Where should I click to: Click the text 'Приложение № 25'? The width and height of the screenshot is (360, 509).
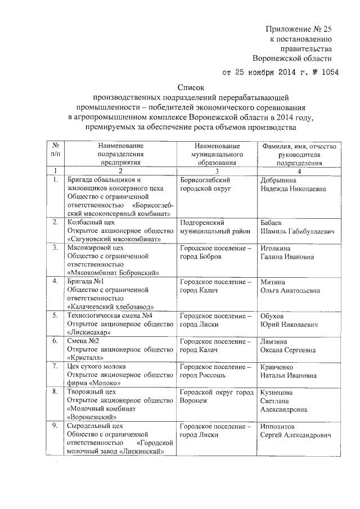tap(299, 29)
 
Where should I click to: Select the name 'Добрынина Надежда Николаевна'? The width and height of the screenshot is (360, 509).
tap(293, 184)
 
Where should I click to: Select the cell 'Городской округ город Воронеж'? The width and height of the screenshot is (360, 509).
tap(214, 396)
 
